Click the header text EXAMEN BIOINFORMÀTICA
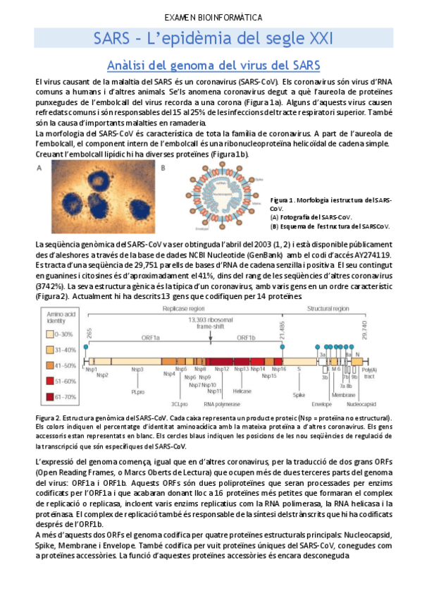(x=213, y=17)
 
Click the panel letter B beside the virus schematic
(x=163, y=168)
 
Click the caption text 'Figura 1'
(x=285, y=200)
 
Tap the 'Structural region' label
(x=347, y=310)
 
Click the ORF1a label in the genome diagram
(x=150, y=338)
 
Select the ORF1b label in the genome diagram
(x=246, y=338)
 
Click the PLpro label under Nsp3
(x=137, y=391)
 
